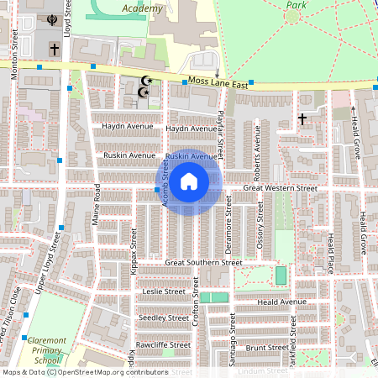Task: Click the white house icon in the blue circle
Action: [x=189, y=181]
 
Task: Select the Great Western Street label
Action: [x=280, y=189]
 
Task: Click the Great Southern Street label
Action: [x=203, y=263]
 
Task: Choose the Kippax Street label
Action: [x=134, y=241]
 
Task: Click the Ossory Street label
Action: [x=260, y=221]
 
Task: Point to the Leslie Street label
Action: [x=164, y=291]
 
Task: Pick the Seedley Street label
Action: [x=165, y=318]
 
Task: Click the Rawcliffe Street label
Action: [x=163, y=345]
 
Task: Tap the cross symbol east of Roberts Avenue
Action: [x=302, y=120]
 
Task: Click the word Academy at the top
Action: [x=140, y=8]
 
